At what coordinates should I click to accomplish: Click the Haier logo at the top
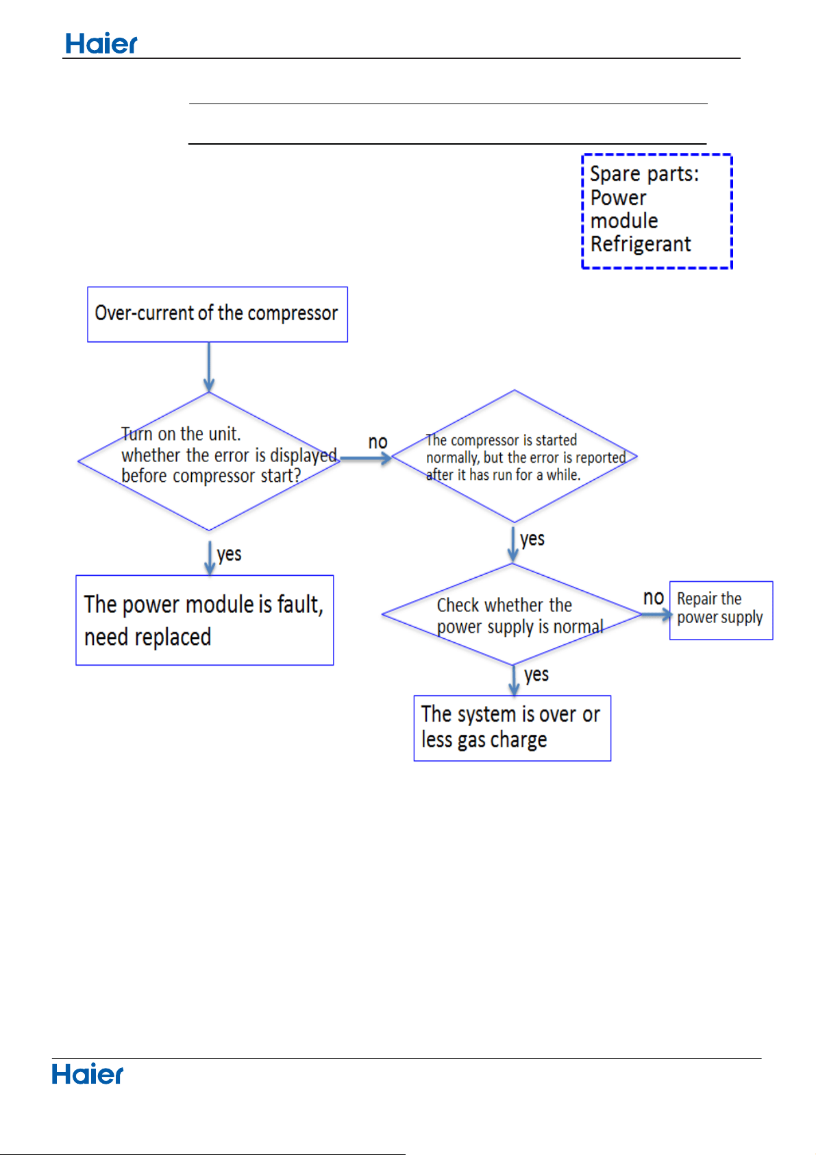[101, 44]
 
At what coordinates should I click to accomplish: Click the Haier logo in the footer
[87, 1075]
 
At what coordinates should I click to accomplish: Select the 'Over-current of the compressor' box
[217, 315]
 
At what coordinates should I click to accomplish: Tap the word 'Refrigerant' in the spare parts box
[640, 244]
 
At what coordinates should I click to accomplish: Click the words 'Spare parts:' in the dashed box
[644, 174]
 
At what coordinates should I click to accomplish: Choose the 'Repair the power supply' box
[721, 611]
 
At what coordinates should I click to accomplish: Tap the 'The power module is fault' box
[205, 620]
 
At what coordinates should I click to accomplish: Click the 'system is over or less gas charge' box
[512, 728]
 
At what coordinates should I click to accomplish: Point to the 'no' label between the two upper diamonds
[378, 442]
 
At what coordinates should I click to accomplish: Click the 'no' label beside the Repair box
[654, 598]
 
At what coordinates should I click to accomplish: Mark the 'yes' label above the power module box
[230, 555]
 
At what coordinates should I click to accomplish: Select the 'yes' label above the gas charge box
[536, 675]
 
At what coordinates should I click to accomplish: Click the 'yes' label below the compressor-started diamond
[532, 539]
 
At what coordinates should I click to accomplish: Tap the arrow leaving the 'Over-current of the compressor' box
[209, 367]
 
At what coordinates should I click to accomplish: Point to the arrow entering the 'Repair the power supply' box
[657, 614]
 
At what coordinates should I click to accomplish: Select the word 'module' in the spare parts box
[624, 221]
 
